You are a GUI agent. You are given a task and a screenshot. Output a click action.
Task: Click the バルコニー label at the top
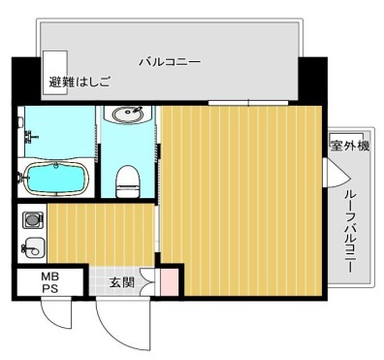click(x=169, y=62)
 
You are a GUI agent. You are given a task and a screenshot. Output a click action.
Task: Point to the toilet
click(x=126, y=179)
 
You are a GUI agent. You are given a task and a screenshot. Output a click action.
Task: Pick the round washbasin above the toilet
click(x=126, y=115)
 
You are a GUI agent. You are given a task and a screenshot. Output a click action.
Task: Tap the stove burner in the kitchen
click(x=32, y=220)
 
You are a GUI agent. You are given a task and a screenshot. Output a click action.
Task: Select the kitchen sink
click(x=32, y=247)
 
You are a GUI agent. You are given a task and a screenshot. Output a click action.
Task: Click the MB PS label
click(x=48, y=283)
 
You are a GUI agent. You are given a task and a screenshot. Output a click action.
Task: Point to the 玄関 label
click(x=121, y=282)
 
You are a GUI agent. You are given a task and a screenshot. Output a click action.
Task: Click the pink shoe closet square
click(x=169, y=283)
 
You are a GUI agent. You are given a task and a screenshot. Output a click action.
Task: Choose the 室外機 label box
click(x=350, y=146)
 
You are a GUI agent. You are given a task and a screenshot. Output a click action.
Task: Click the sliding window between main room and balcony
click(x=248, y=102)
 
